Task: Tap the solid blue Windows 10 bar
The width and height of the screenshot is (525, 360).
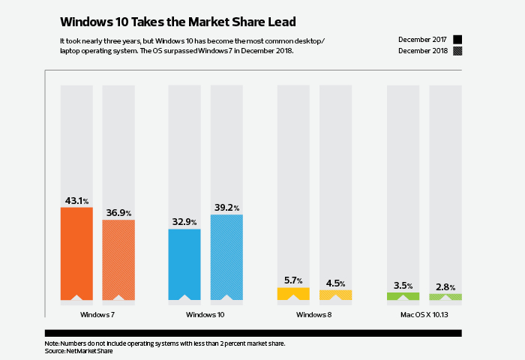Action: tap(184, 263)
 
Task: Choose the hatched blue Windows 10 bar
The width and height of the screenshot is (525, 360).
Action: tap(226, 256)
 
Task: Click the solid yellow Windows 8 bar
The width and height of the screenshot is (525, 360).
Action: tap(293, 293)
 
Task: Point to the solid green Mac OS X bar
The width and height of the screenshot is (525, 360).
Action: tap(403, 296)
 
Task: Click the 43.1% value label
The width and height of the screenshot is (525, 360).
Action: tap(76, 201)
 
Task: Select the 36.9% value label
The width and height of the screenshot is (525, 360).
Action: tap(118, 214)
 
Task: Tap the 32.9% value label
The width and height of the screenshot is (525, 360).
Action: tap(184, 223)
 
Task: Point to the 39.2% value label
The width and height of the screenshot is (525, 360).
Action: tap(226, 208)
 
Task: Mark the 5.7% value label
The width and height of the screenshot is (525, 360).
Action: tap(293, 280)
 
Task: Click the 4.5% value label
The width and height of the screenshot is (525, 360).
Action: tap(335, 283)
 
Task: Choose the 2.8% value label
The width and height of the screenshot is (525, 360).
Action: tap(445, 287)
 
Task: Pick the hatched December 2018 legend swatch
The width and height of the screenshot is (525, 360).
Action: tap(457, 51)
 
